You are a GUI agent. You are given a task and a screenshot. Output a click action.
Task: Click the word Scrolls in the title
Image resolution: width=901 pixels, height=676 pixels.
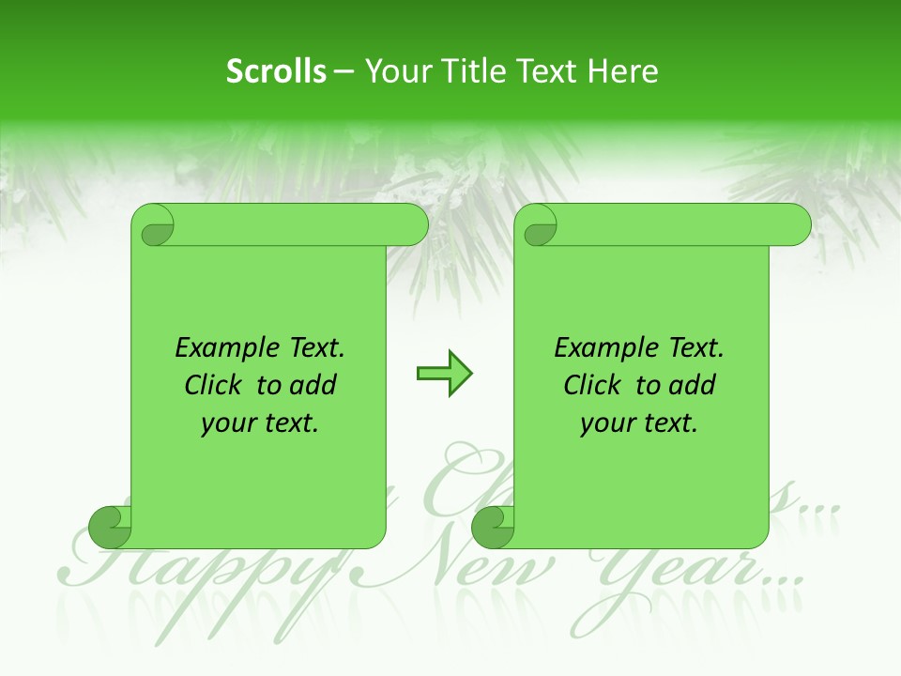276,71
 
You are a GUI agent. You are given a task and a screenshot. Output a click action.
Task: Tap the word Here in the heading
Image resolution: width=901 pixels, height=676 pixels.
622,71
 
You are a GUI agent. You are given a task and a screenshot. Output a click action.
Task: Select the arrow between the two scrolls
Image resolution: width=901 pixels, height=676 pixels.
444,374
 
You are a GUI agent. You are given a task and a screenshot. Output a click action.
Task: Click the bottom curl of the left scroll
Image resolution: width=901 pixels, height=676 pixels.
110,527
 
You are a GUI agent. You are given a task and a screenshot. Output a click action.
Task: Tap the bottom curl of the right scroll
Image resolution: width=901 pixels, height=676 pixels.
493,527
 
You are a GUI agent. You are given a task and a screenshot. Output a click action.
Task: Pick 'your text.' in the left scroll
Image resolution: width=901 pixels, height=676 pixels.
260,423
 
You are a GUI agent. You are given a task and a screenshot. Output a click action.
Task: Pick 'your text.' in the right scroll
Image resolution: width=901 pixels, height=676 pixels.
639,423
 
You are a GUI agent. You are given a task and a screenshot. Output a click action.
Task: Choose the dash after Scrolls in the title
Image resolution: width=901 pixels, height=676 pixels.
344,71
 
